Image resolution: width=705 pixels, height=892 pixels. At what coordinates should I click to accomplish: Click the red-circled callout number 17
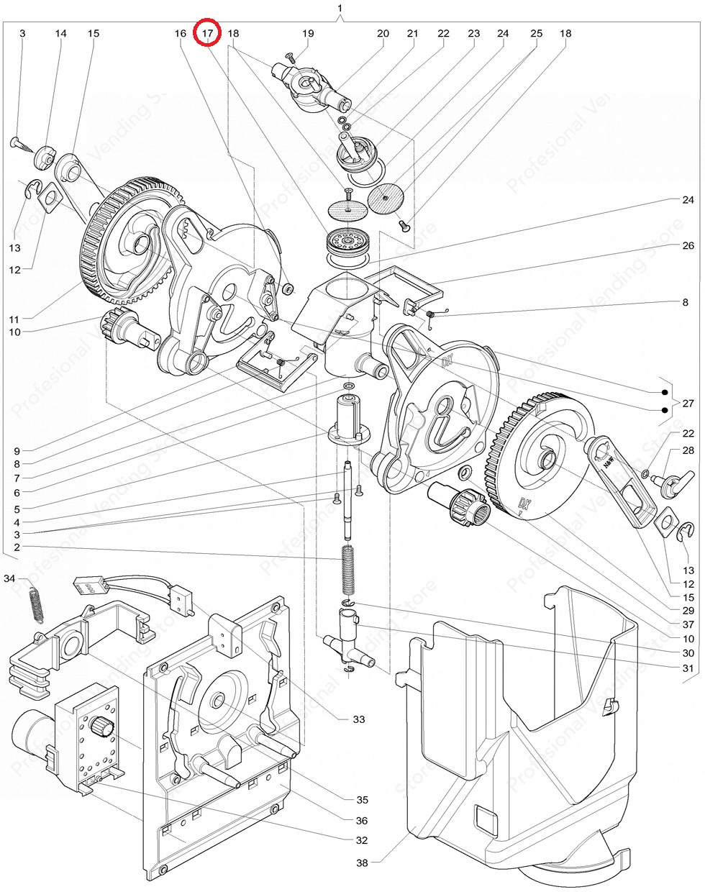pyautogui.click(x=208, y=33)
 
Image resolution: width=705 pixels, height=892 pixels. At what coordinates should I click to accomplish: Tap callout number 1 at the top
pyautogui.click(x=340, y=8)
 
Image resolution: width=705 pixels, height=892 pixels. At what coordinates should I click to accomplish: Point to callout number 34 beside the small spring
pyautogui.click(x=9, y=578)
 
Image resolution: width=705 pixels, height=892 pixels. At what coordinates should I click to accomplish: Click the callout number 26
pyautogui.click(x=688, y=245)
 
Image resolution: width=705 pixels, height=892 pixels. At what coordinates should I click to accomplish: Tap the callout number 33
pyautogui.click(x=359, y=719)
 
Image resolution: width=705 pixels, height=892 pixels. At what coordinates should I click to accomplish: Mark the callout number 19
pyautogui.click(x=308, y=33)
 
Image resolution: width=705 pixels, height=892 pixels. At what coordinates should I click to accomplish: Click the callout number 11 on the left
pyautogui.click(x=15, y=317)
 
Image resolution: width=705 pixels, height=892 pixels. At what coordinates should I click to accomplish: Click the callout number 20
pyautogui.click(x=383, y=33)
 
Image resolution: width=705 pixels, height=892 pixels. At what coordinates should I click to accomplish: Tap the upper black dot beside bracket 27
pyautogui.click(x=665, y=393)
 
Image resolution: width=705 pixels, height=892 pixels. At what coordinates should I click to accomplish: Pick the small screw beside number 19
pyautogui.click(x=288, y=55)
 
